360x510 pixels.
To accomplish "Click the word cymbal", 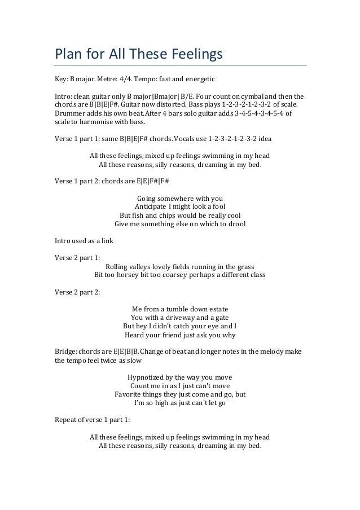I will coord(258,95).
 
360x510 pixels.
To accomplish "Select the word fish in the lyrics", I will coord(140,216).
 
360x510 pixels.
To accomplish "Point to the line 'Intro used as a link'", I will coord(84,241).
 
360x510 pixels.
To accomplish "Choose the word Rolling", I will coord(118,267).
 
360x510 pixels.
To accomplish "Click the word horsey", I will coord(135,276).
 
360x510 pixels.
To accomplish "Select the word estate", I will coord(218,309).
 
